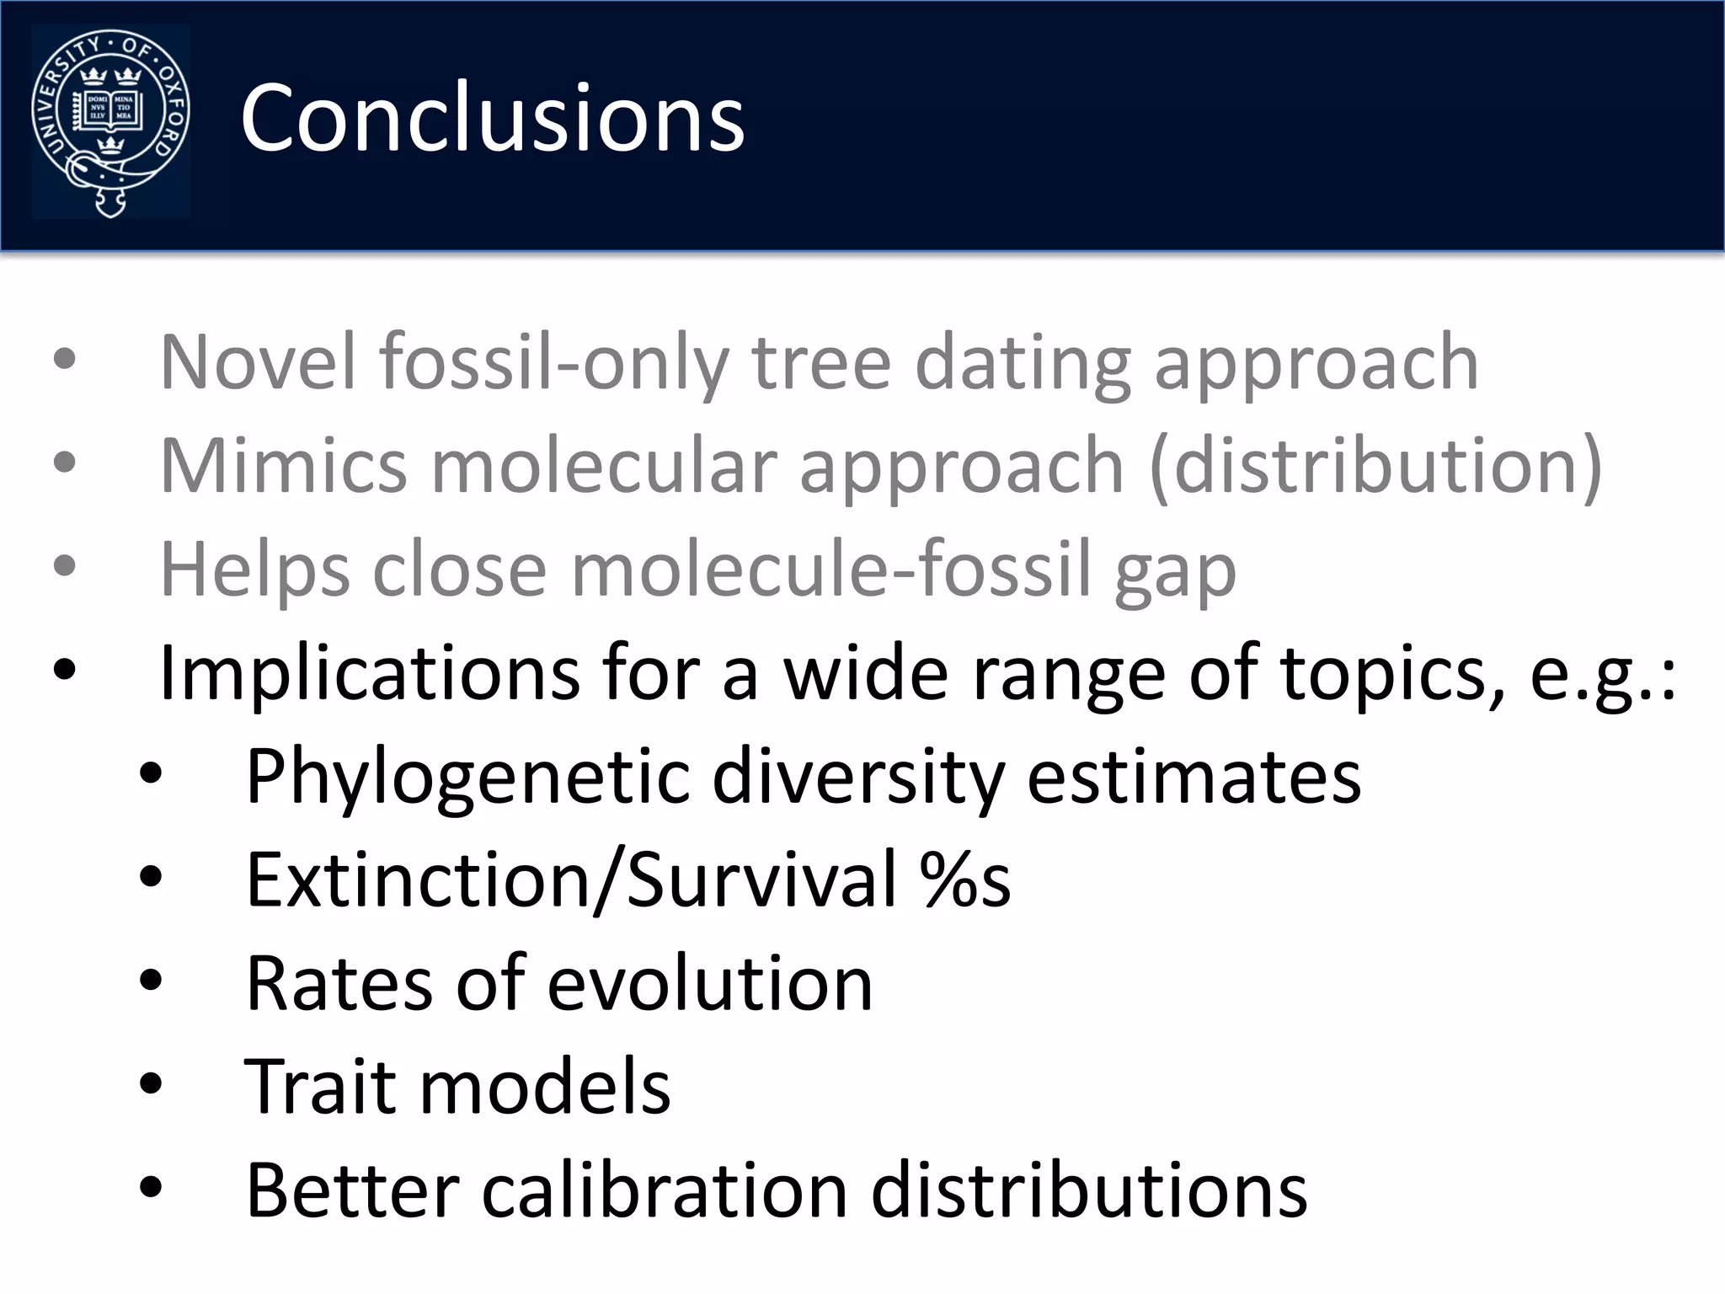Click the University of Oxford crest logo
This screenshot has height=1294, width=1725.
110,123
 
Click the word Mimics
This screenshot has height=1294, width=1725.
284,466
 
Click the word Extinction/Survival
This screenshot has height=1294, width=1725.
571,880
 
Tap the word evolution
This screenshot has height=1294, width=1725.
709,983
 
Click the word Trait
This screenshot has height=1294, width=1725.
319,1087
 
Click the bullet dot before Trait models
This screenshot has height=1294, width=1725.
151,1084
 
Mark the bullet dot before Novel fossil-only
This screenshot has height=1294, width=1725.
65,360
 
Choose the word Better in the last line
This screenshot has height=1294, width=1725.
352,1190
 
